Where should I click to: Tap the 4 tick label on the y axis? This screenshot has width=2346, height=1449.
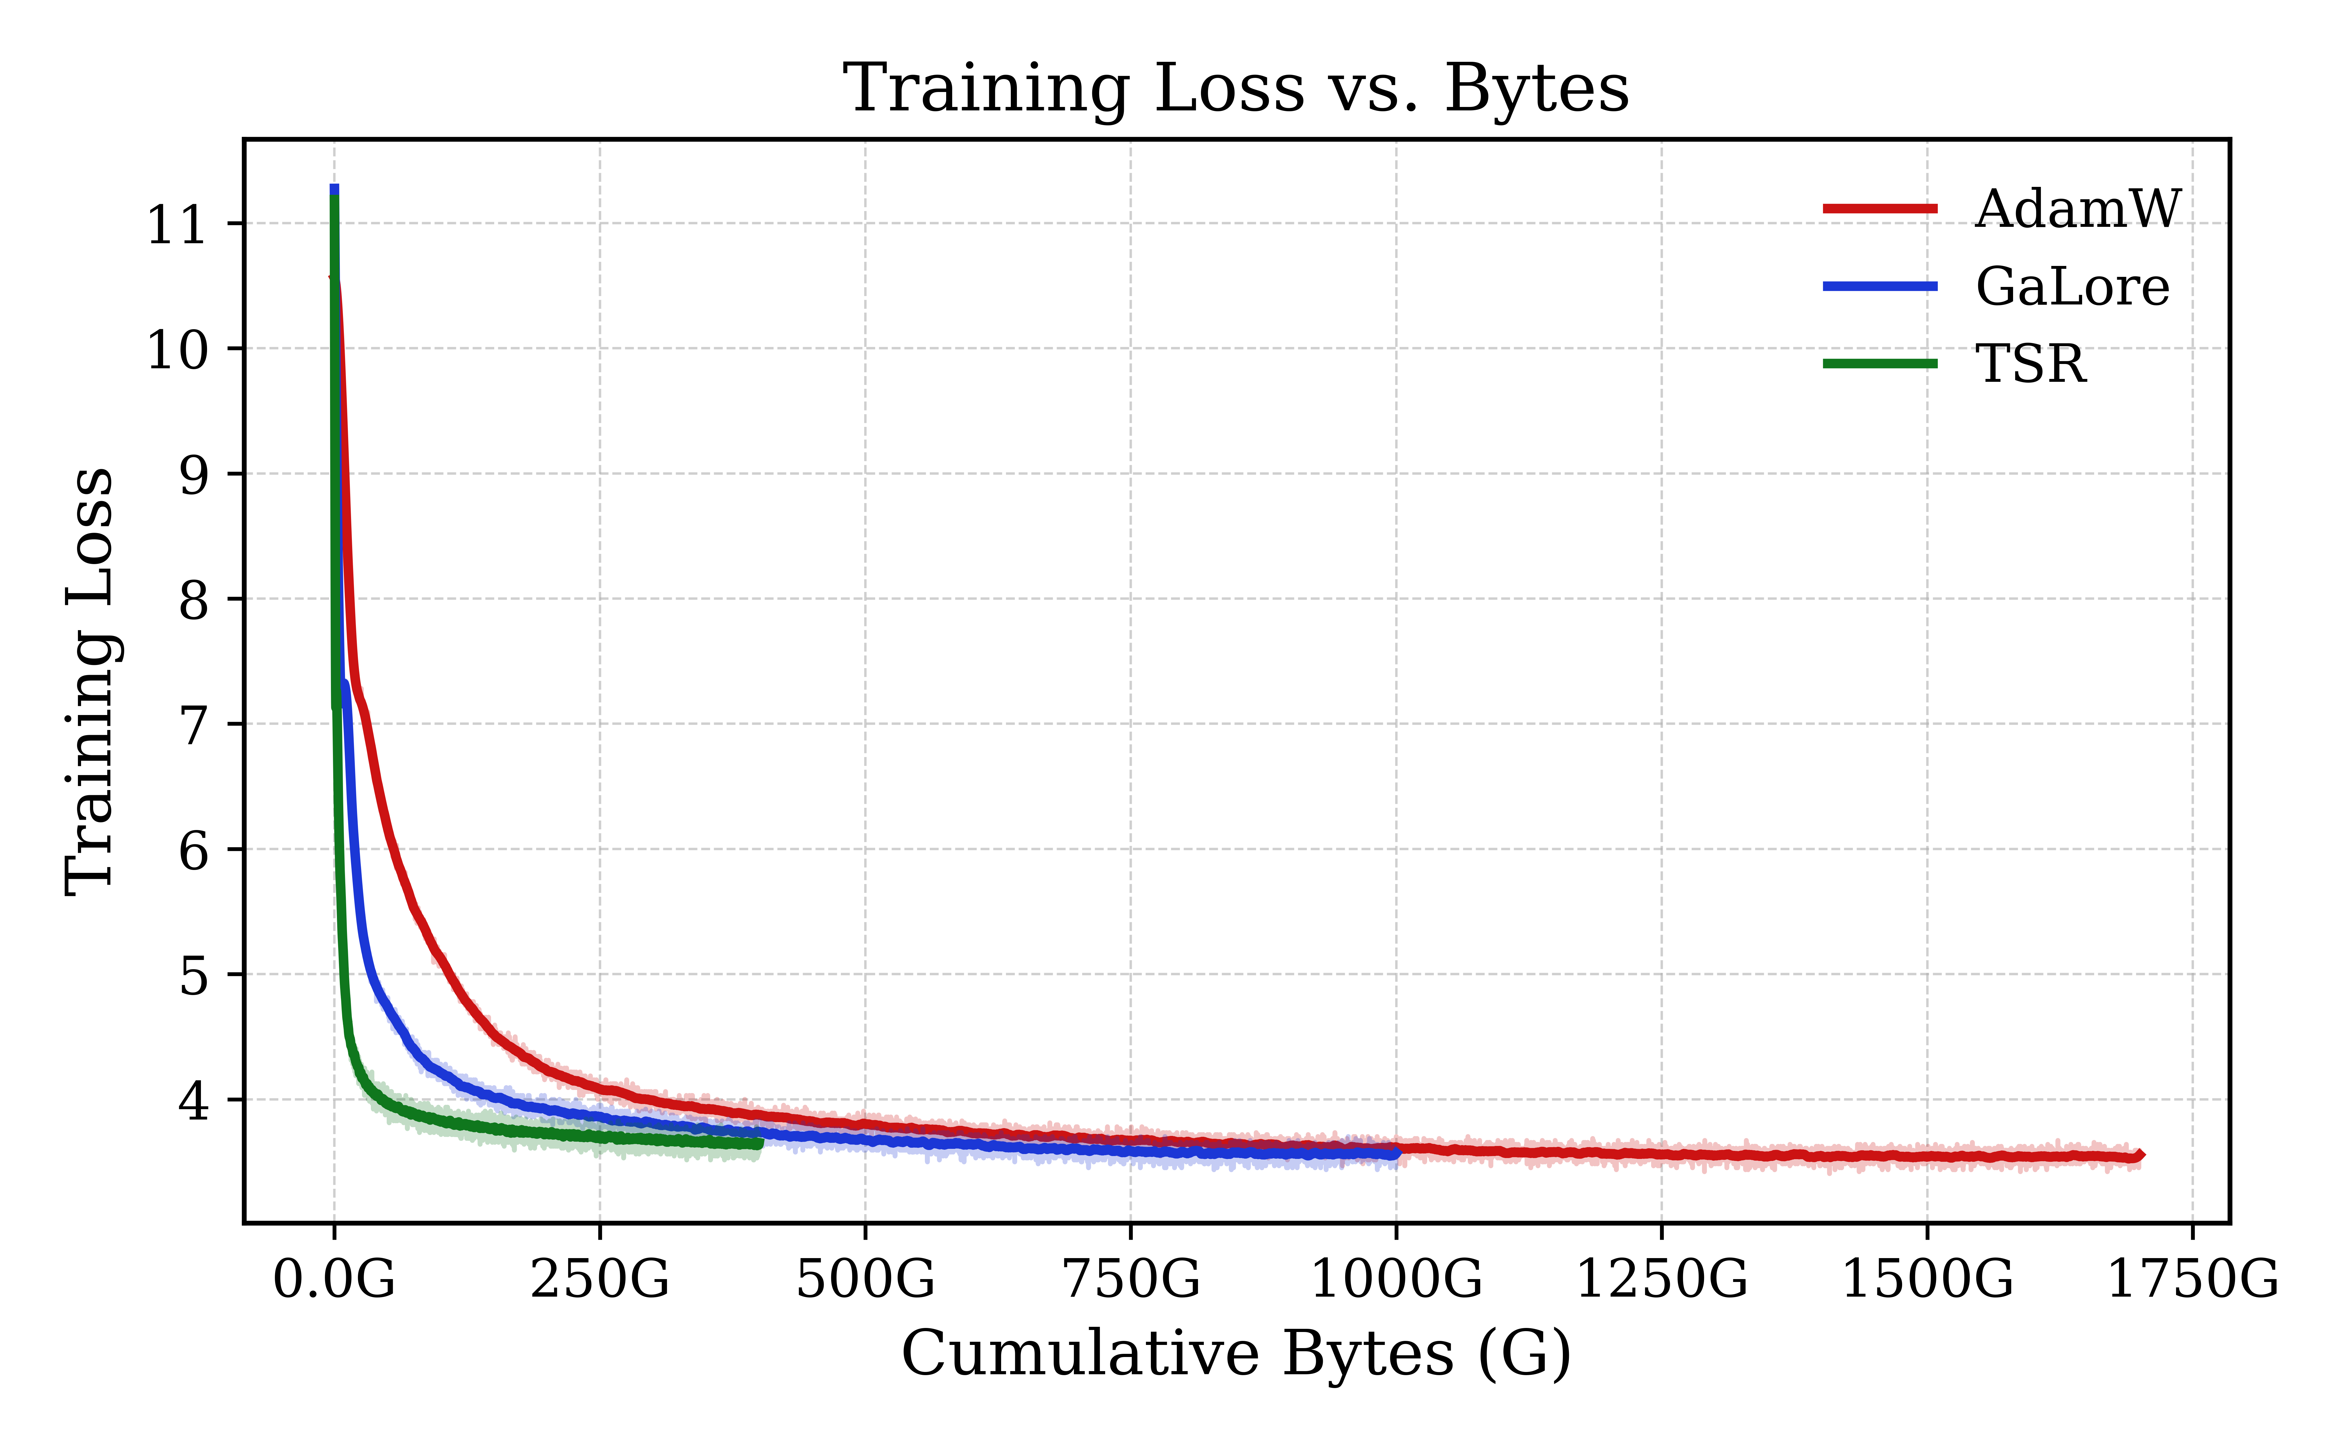193,1101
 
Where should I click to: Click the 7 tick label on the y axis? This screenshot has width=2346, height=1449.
193,725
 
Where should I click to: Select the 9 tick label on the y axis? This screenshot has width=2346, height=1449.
193,475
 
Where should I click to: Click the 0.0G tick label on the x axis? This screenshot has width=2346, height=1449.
334,1279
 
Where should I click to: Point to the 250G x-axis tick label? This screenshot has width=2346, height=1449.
600,1279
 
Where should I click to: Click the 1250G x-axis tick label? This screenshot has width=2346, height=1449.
1662,1279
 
